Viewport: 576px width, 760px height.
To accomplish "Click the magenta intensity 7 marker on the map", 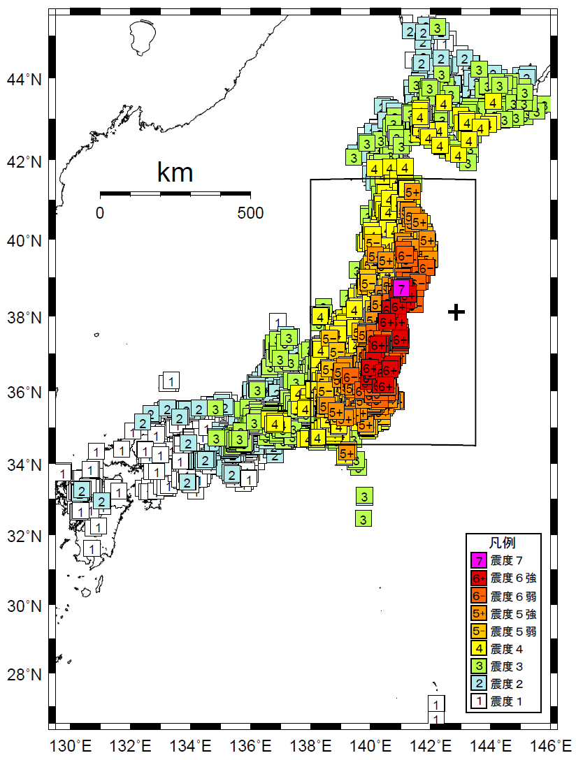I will pyautogui.click(x=401, y=288).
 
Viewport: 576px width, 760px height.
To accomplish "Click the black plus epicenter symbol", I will pyautogui.click(x=456, y=312).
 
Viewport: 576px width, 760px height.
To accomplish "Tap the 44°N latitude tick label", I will pyautogui.click(x=24, y=80).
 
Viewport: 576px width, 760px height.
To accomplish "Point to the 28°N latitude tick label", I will pyautogui.click(x=24, y=675).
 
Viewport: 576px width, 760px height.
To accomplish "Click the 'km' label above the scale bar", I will pyautogui.click(x=175, y=172).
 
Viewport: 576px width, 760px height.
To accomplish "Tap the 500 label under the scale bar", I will pyautogui.click(x=250, y=213).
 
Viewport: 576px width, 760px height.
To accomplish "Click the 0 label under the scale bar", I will pyautogui.click(x=100, y=213).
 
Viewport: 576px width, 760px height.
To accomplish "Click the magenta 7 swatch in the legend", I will pyautogui.click(x=479, y=560).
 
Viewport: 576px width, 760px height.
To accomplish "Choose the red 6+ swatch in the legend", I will pyautogui.click(x=479, y=578).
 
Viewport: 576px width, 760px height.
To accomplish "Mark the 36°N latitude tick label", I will pyautogui.click(x=24, y=393).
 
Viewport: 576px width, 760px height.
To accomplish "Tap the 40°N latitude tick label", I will pyautogui.click(x=24, y=240).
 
